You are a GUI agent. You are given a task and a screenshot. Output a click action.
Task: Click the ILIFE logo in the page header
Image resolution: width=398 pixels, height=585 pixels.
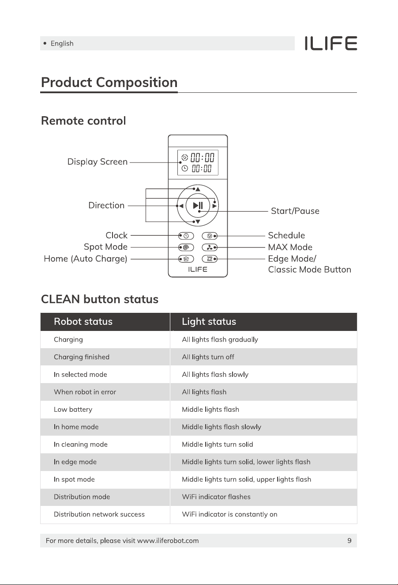tap(330, 43)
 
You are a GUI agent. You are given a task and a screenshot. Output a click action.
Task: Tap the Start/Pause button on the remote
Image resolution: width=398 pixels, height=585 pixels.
tap(198, 205)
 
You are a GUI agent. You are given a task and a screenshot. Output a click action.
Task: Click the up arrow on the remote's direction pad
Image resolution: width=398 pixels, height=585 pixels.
tap(198, 189)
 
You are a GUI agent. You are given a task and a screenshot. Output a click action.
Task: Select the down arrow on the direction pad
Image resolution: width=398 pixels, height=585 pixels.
tap(198, 222)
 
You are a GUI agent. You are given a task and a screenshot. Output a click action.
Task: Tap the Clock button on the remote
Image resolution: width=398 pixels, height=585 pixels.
tap(186, 236)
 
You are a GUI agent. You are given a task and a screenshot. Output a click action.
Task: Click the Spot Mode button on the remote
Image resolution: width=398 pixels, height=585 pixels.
tap(186, 247)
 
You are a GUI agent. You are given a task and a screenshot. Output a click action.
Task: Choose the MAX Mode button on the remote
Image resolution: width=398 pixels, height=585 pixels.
tap(210, 247)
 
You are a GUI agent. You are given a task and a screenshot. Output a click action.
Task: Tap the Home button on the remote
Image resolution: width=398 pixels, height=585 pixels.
tap(186, 259)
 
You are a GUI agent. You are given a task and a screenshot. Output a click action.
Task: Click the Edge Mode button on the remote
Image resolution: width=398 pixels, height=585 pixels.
tap(210, 259)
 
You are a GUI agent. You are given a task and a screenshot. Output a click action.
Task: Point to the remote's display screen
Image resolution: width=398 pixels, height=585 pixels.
tap(198, 163)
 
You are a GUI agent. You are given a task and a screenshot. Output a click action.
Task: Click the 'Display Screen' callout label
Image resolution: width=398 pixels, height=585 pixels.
tap(97, 162)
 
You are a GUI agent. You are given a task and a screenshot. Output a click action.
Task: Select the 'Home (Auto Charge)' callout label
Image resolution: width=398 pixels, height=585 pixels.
tap(86, 259)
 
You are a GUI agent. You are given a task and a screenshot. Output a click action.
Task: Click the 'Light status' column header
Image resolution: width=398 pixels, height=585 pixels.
tap(209, 322)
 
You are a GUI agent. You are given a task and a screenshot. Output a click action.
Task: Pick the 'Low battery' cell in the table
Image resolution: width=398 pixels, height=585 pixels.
tap(73, 410)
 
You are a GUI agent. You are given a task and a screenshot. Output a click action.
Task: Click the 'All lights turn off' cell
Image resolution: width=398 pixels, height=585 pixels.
tap(208, 357)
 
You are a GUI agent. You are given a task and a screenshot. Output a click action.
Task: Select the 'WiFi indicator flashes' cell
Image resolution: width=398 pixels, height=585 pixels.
tap(216, 497)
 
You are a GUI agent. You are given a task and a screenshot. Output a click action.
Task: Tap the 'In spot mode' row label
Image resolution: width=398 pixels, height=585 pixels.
tap(74, 479)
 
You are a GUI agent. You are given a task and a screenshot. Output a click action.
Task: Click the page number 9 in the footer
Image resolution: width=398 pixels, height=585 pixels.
tap(349, 541)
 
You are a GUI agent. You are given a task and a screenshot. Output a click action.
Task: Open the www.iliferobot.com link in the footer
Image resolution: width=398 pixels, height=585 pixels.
tap(168, 541)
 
